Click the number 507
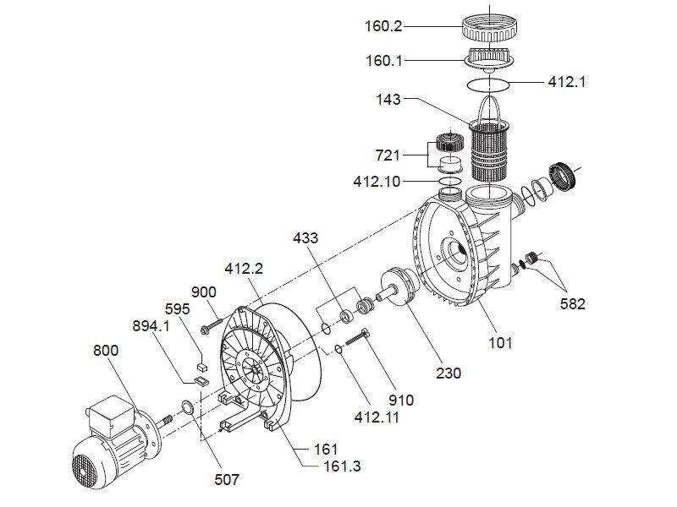click(x=227, y=479)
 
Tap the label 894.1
click(x=150, y=324)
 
